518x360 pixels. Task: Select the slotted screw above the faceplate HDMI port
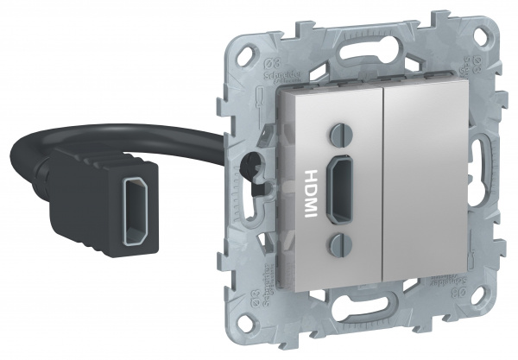338,136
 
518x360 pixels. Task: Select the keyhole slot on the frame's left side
253,164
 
